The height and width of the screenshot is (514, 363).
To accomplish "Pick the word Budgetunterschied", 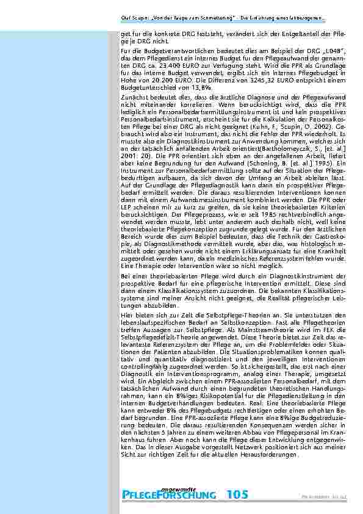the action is point(143,96).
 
